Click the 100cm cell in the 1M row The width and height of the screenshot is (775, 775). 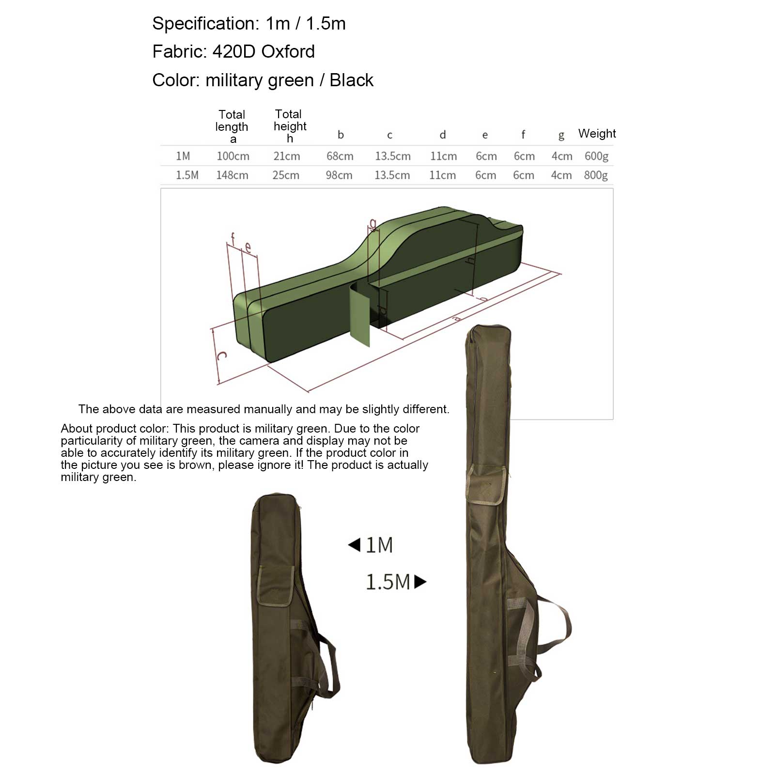(x=233, y=156)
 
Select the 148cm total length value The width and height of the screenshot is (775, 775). (x=232, y=175)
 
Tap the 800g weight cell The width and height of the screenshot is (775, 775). (x=596, y=175)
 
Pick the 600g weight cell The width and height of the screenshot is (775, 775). (x=596, y=156)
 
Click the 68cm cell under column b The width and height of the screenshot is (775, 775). (x=340, y=156)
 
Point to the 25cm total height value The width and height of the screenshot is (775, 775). (x=286, y=175)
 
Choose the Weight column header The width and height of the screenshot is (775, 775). (x=597, y=134)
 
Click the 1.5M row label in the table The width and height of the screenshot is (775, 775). (x=187, y=175)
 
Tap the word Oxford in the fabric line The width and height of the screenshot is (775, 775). (x=288, y=51)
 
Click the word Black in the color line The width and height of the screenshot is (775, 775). (x=352, y=80)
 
